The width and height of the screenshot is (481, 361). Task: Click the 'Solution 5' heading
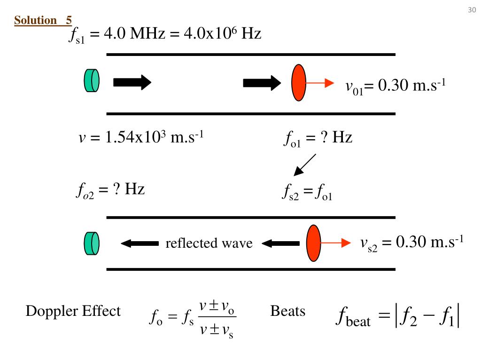[x=43, y=20]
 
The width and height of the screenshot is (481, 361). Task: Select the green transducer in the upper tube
[x=92, y=80]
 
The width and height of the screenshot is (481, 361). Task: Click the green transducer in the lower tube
[x=92, y=243]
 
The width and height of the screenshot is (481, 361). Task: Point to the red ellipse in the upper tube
[x=299, y=83]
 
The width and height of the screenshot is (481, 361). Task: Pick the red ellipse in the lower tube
[x=313, y=243]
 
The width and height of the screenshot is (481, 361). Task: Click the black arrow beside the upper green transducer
[x=132, y=83]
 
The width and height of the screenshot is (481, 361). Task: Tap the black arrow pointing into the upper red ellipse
[x=262, y=83]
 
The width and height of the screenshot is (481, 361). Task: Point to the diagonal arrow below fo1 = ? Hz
[x=304, y=165]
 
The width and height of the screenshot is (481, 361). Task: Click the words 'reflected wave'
[x=209, y=243]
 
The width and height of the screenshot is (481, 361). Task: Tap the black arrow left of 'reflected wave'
[x=140, y=243]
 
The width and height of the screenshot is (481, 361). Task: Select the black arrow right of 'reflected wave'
[x=280, y=243]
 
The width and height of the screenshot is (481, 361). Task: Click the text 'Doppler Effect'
[x=73, y=311]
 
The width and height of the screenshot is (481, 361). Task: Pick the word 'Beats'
[x=287, y=311]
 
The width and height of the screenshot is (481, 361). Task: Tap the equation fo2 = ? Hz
[x=110, y=190]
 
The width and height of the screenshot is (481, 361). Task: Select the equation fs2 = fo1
[x=307, y=192]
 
